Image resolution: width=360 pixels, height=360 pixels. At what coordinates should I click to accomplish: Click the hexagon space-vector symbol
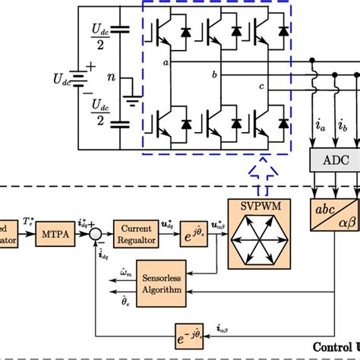[x=254, y=241]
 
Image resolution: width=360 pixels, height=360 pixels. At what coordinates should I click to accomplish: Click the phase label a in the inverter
[x=166, y=65]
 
